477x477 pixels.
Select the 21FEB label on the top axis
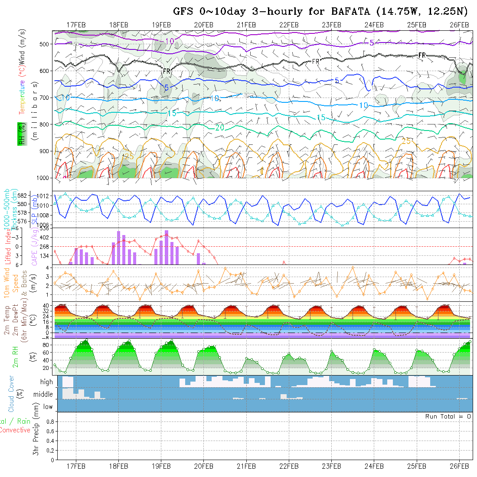(246, 25)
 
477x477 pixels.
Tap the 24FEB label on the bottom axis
(374, 467)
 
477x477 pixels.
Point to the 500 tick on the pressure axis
(45, 44)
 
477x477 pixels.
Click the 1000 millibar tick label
(43, 178)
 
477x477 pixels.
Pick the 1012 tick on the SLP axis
(44, 196)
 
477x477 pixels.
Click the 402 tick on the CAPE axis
(46, 237)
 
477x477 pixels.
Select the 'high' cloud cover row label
(46, 382)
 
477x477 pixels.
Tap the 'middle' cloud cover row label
(43, 395)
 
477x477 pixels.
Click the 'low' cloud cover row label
(48, 407)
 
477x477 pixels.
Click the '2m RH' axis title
(15, 356)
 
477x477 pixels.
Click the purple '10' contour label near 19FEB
(170, 41)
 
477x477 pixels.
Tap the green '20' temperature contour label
(219, 127)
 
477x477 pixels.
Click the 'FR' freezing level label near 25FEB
(421, 55)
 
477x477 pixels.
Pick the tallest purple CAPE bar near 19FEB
(167, 247)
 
